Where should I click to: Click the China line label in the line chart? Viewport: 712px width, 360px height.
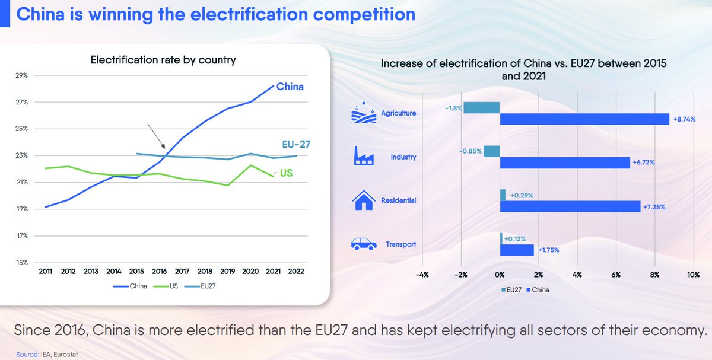pos(290,87)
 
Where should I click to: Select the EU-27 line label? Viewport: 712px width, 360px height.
pos(297,144)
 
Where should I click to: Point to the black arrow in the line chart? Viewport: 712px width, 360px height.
pos(156,136)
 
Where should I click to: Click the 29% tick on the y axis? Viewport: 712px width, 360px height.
pos(22,76)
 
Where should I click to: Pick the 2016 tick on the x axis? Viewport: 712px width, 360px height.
pos(159,272)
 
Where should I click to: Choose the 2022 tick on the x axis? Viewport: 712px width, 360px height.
pos(297,272)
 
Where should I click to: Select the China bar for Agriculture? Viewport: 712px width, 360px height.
pos(584,119)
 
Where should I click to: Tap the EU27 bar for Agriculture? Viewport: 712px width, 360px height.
pos(482,107)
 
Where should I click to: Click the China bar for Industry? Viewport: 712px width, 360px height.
pos(565,163)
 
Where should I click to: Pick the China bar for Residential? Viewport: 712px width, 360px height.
pos(570,206)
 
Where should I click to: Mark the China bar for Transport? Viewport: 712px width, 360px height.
pos(517,250)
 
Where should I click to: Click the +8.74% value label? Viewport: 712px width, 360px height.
pos(683,119)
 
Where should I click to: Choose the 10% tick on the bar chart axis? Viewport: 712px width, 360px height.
pos(692,275)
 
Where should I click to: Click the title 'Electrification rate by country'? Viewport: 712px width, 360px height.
pos(163,60)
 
